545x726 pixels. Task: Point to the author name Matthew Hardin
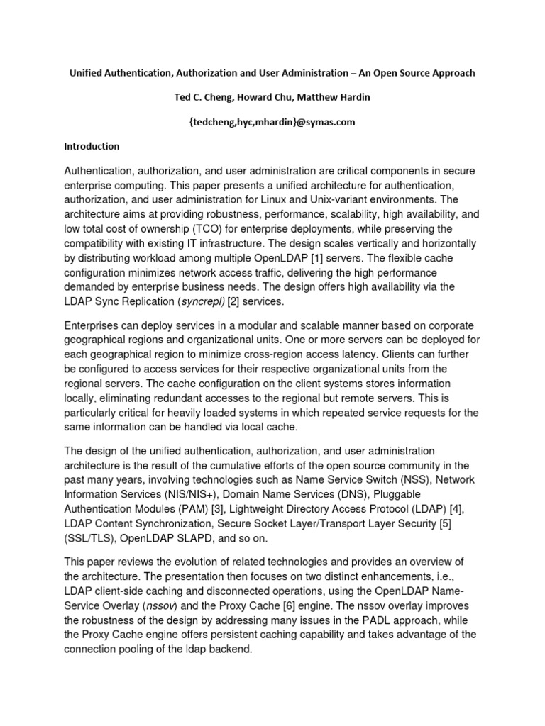pos(338,97)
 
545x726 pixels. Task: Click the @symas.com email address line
pos(272,121)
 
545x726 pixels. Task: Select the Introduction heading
pos(92,146)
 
